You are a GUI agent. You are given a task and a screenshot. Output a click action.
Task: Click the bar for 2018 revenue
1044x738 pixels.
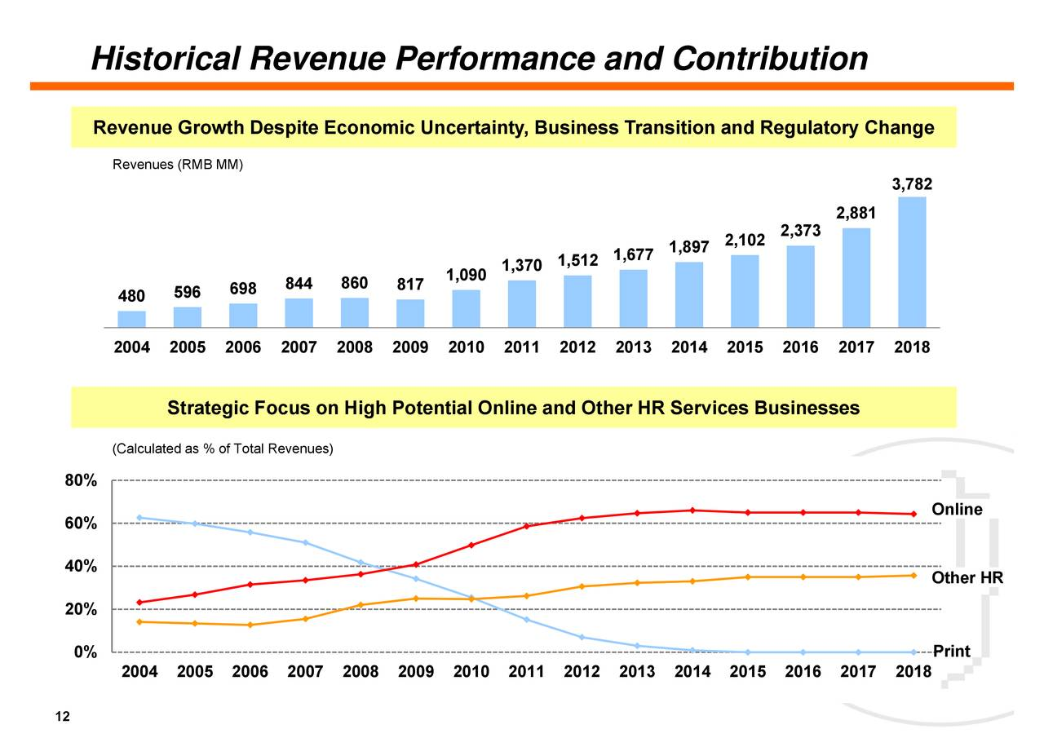click(912, 262)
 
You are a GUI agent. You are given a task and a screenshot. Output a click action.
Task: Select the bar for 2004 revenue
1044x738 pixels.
click(131, 319)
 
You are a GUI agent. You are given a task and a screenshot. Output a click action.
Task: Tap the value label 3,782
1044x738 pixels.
click(912, 185)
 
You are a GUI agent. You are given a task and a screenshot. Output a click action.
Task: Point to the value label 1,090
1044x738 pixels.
click(466, 276)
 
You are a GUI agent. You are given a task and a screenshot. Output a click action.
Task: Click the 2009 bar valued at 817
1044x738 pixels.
click(410, 313)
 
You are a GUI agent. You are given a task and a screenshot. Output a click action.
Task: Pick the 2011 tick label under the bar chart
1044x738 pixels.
click(521, 347)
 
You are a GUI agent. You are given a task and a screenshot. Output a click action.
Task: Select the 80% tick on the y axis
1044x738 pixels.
click(82, 481)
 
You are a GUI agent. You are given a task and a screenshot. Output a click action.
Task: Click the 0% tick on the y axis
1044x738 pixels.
click(86, 652)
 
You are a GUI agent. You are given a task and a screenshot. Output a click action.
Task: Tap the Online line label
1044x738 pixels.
click(957, 510)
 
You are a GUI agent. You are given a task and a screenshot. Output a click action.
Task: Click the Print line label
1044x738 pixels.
click(951, 652)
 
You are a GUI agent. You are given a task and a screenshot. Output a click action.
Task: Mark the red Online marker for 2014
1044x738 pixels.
click(692, 510)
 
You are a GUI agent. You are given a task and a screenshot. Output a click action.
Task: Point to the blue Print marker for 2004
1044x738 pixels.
click(140, 518)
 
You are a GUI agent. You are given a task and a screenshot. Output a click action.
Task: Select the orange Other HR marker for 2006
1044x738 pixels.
click(250, 625)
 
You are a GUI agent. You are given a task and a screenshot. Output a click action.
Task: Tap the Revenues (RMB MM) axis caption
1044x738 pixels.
click(177, 165)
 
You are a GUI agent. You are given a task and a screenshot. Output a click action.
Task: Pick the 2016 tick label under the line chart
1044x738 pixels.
click(803, 673)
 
